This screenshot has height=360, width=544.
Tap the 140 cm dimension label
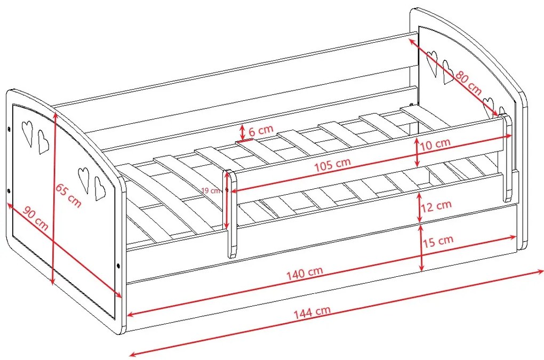(305, 273)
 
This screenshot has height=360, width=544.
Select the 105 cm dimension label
(333, 165)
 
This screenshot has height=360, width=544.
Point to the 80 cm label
(469, 83)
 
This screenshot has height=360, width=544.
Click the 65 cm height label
(69, 196)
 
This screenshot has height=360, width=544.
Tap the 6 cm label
(261, 130)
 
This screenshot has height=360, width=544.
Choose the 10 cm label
(435, 144)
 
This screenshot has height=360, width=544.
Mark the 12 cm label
(436, 206)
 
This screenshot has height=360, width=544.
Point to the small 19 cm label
(211, 190)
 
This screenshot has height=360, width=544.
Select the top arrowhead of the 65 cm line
(55, 116)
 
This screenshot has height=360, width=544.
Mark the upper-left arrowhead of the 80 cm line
(412, 42)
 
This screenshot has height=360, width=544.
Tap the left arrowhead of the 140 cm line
(131, 315)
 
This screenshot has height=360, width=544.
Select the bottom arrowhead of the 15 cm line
(421, 267)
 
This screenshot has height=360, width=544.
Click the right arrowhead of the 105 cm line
(508, 137)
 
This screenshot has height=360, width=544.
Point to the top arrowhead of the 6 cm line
(243, 127)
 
